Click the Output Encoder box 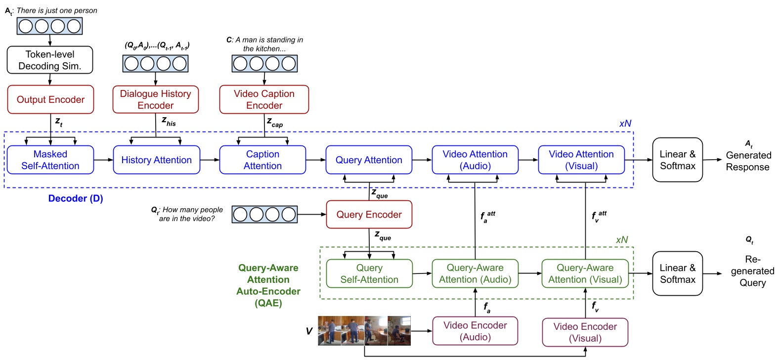click(50, 99)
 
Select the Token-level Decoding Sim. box click(50, 60)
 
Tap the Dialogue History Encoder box click(156, 99)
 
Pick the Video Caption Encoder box click(264, 99)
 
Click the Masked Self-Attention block click(50, 160)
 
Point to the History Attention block click(156, 160)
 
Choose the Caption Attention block click(262, 160)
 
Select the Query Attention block click(369, 160)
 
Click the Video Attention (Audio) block click(475, 160)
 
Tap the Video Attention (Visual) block click(581, 160)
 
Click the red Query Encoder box click(369, 215)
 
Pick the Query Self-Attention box click(369, 273)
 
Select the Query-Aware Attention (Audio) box click(475, 273)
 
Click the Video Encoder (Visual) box click(585, 332)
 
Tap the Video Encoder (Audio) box click(475, 331)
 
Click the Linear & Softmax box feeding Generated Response click(677, 160)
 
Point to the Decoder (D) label click(76, 198)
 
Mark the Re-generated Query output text click(752, 271)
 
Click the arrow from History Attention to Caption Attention click(210, 160)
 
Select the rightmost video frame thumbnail click(399, 330)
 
